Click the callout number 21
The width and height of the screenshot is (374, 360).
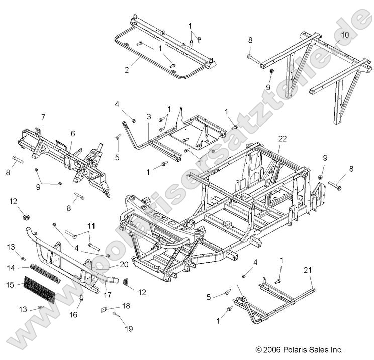coord(307,270)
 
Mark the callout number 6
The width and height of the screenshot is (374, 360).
coord(43,117)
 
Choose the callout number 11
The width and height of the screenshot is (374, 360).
coord(91,225)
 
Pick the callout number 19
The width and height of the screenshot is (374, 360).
coord(129,329)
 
